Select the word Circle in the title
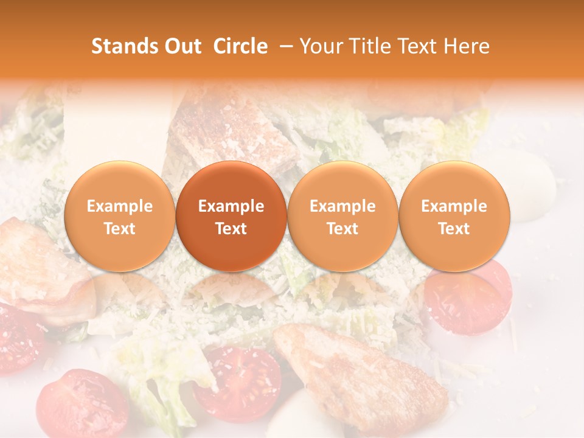click(240, 46)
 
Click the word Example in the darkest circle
click(231, 206)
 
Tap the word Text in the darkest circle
click(231, 229)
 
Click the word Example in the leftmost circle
click(120, 206)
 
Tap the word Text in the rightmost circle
click(454, 229)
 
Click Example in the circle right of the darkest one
click(342, 206)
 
